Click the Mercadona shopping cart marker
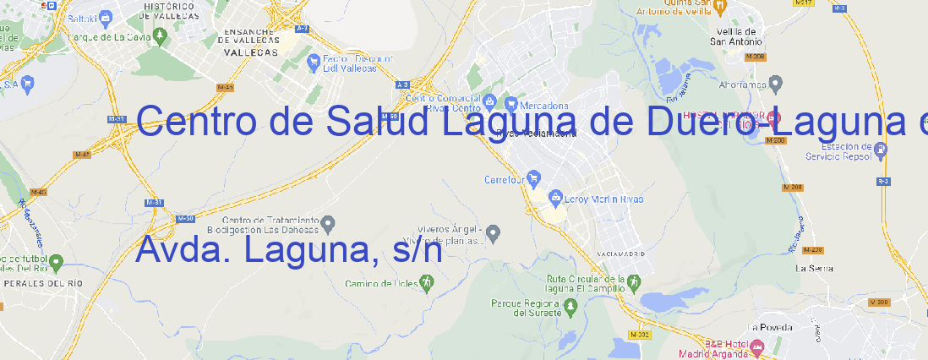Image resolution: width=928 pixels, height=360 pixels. click(511, 104)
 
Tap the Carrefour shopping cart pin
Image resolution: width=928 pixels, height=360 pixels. click(534, 178)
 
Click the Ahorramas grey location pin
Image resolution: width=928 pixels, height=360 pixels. click(776, 83)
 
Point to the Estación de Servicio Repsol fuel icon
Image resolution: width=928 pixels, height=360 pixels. click(882, 150)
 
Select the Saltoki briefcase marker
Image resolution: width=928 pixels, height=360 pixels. click(106, 16)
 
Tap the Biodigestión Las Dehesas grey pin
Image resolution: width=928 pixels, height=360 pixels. click(329, 223)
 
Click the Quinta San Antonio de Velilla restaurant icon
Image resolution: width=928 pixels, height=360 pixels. click(720, 6)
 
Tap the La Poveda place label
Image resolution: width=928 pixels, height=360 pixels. click(771, 327)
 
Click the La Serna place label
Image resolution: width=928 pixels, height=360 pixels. click(815, 268)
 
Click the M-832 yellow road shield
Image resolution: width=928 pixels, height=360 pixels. click(641, 335)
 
